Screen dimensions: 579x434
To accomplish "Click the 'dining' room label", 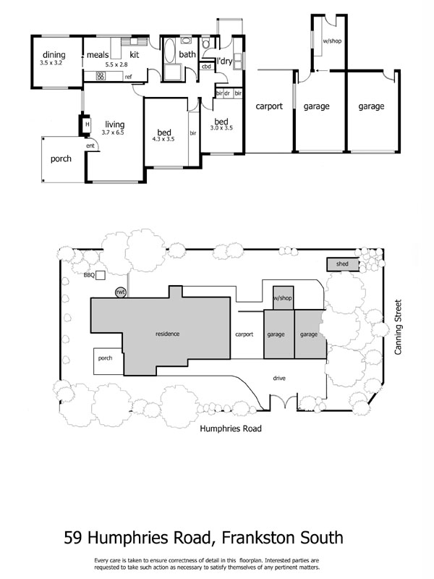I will [x=54, y=55].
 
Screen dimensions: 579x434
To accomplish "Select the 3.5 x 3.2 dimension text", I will [x=54, y=64].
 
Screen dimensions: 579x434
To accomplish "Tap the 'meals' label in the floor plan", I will [x=98, y=55].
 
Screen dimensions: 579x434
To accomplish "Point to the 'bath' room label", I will [x=187, y=54].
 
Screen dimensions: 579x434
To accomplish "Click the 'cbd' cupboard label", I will [x=206, y=67].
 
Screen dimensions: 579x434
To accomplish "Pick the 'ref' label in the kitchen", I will [x=128, y=76].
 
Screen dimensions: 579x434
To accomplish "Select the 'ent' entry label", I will [x=90, y=146].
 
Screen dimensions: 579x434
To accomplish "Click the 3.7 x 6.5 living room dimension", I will [x=115, y=133].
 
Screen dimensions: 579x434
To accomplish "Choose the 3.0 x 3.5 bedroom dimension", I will [x=221, y=129].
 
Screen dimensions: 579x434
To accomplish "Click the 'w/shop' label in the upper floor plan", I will [x=331, y=41].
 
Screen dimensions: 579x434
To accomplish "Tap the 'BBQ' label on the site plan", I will [x=90, y=275].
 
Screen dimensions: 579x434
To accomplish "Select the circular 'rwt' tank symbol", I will [x=121, y=292].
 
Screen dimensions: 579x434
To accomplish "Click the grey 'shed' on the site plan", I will [x=342, y=264].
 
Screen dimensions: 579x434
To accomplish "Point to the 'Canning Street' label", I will [x=398, y=328].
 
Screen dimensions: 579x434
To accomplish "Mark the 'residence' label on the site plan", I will [x=167, y=334].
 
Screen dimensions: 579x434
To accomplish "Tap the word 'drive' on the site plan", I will [x=279, y=378].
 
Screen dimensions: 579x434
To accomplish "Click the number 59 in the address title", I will [x=73, y=538].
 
